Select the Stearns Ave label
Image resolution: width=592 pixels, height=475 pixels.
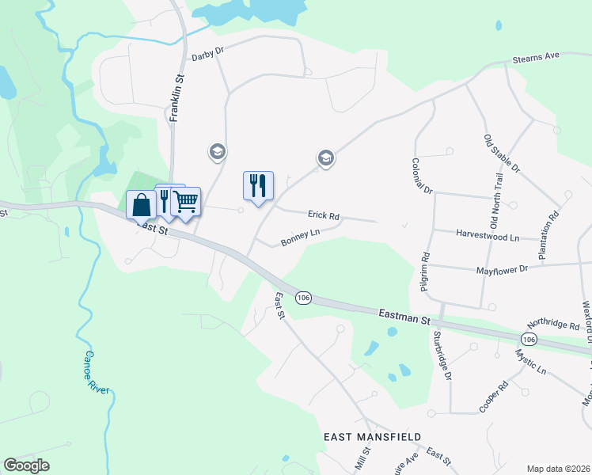coord(536,56)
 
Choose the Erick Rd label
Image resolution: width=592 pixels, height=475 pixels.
coord(324,215)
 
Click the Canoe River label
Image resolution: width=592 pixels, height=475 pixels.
coord(97,373)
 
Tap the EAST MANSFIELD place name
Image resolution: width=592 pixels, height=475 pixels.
coord(372,437)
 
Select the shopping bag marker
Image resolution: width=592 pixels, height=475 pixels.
coord(141,204)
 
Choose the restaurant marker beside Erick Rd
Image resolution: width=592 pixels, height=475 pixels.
coord(258,185)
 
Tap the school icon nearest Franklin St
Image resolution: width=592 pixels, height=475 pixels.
coord(217,151)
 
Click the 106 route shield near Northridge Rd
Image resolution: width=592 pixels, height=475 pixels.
coord(529,339)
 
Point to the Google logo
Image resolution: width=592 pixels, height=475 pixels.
coord(26,465)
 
